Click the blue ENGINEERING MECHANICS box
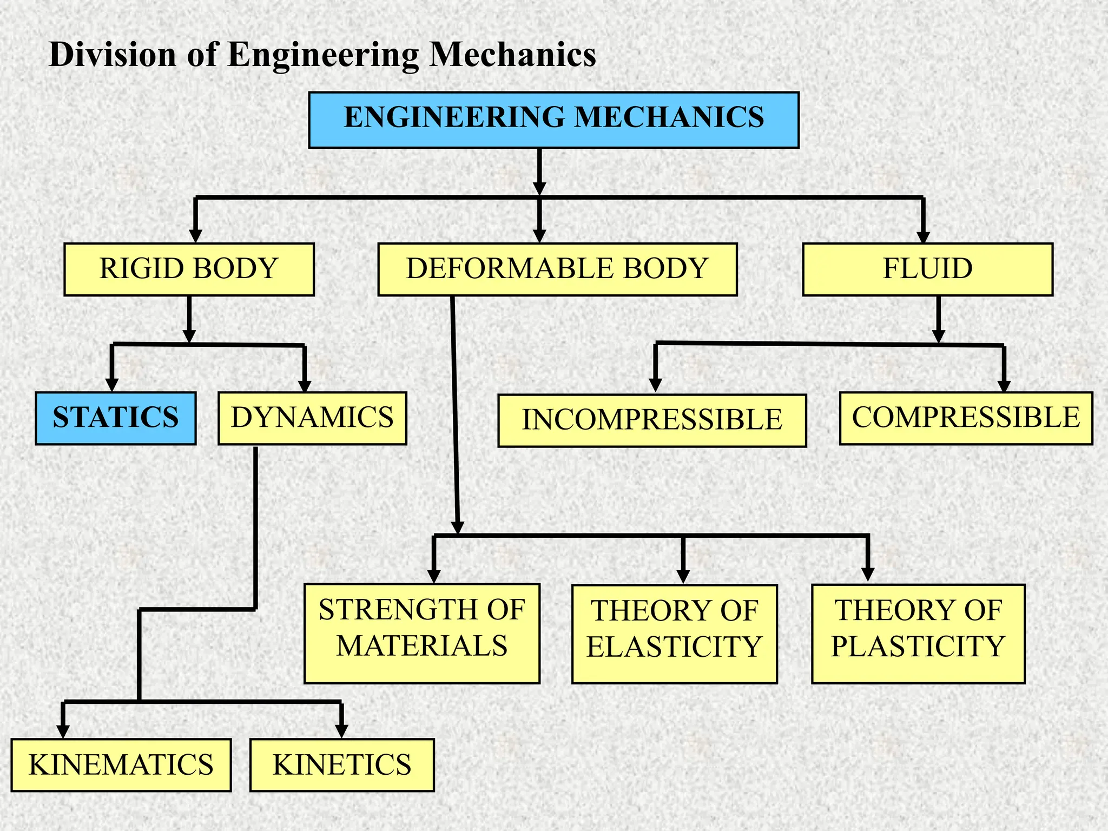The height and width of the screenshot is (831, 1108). (553, 120)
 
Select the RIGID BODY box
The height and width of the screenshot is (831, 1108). (189, 269)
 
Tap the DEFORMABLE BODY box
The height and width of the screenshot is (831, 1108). (557, 269)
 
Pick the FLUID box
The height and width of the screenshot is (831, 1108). (927, 269)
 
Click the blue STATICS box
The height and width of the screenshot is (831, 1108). (115, 418)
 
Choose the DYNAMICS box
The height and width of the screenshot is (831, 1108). (312, 418)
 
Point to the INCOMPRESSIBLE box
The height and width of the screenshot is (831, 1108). (652, 420)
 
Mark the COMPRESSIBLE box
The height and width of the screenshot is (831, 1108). (966, 418)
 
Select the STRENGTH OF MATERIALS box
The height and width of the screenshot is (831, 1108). (421, 633)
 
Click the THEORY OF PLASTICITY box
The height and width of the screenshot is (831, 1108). (918, 634)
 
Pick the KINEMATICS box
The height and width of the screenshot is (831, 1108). (121, 765)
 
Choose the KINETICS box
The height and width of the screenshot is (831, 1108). (342, 765)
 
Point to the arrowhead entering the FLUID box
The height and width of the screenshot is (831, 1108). (923, 237)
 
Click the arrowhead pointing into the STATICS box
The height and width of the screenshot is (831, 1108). (112, 385)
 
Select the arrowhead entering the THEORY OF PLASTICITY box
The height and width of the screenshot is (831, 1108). (868, 575)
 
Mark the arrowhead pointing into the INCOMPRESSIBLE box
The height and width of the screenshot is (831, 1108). (656, 385)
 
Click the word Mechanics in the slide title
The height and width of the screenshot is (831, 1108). (512, 55)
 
